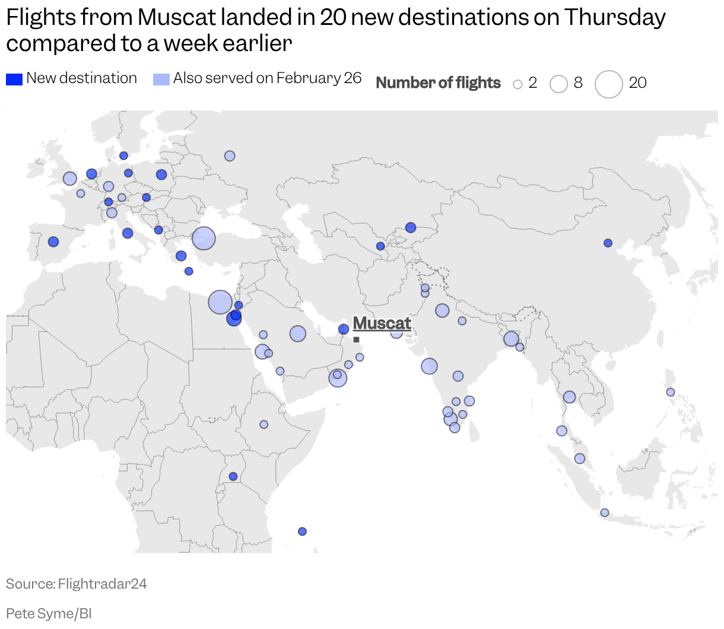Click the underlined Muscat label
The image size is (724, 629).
tap(382, 323)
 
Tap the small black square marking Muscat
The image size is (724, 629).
tap(356, 339)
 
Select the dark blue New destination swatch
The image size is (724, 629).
tap(14, 79)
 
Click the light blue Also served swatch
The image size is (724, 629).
tap(161, 79)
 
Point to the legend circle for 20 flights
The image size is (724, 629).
tap(608, 84)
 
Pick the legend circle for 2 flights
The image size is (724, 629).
tap(517, 84)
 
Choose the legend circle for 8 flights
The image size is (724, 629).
tap(558, 84)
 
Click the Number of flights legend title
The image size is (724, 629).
tap(438, 83)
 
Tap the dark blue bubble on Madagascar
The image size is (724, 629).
tap(302, 531)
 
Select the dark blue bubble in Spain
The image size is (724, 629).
tap(53, 242)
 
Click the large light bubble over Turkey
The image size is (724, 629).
tap(204, 239)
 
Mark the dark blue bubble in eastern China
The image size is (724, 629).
tap(608, 243)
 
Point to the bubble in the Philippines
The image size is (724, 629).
tap(671, 392)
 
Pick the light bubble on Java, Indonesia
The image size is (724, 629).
tap(605, 513)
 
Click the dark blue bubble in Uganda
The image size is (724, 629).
tap(233, 476)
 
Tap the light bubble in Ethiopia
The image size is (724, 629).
tap(263, 424)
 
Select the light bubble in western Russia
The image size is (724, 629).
tap(230, 156)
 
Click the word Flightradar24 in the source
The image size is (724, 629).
tap(102, 584)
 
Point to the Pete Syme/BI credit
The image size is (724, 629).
tap(49, 613)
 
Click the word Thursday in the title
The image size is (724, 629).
tap(615, 18)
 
